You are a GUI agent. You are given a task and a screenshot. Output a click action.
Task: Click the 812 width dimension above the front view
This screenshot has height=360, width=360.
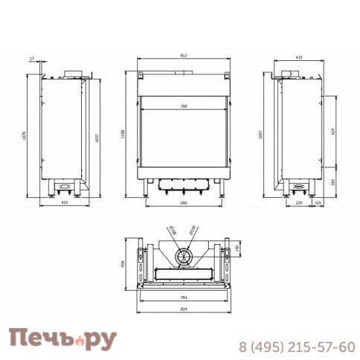184,57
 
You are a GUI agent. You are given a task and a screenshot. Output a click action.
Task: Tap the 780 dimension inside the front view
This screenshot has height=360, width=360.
184,107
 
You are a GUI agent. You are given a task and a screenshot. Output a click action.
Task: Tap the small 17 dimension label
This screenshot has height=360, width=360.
33,57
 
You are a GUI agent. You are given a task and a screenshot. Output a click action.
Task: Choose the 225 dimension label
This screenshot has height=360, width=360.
298,202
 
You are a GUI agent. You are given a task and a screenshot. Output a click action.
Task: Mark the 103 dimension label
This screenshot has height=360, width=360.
318,202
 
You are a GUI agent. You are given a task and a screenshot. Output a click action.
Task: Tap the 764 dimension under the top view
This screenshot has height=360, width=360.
184,297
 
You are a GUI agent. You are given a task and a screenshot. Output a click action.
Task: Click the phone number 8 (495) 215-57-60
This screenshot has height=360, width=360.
296,347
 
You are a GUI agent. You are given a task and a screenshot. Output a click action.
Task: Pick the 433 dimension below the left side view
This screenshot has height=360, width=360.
64,202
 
